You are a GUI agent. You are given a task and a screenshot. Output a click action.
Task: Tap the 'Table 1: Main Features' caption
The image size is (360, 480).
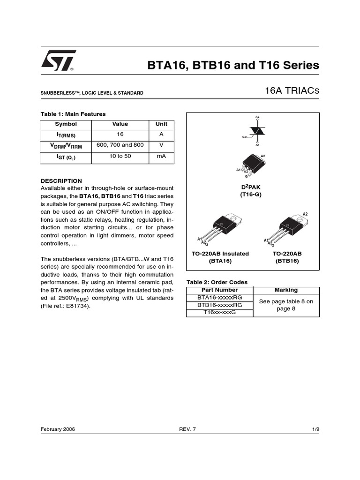(73, 114)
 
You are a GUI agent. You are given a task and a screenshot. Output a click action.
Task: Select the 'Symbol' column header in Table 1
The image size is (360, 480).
(66, 124)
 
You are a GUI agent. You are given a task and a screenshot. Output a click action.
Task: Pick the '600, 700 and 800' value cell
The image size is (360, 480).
(120, 145)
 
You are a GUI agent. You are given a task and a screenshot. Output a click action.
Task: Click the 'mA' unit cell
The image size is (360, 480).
(161, 156)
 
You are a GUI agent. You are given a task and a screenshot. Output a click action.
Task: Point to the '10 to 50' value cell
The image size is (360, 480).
(120, 156)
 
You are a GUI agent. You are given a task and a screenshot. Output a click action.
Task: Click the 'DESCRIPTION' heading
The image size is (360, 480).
(61, 180)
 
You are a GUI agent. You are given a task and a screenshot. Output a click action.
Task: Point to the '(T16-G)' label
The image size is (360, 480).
(251, 194)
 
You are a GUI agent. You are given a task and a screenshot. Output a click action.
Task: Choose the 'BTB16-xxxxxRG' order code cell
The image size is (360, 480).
(220, 305)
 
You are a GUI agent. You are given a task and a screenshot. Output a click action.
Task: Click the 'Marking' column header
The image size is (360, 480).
(286, 290)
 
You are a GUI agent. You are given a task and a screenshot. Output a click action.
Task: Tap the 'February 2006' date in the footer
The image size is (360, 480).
(58, 429)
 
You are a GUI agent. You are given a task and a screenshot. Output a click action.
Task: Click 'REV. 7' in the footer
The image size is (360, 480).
(187, 429)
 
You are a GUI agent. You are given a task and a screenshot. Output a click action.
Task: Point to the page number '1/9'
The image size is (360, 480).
(315, 429)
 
